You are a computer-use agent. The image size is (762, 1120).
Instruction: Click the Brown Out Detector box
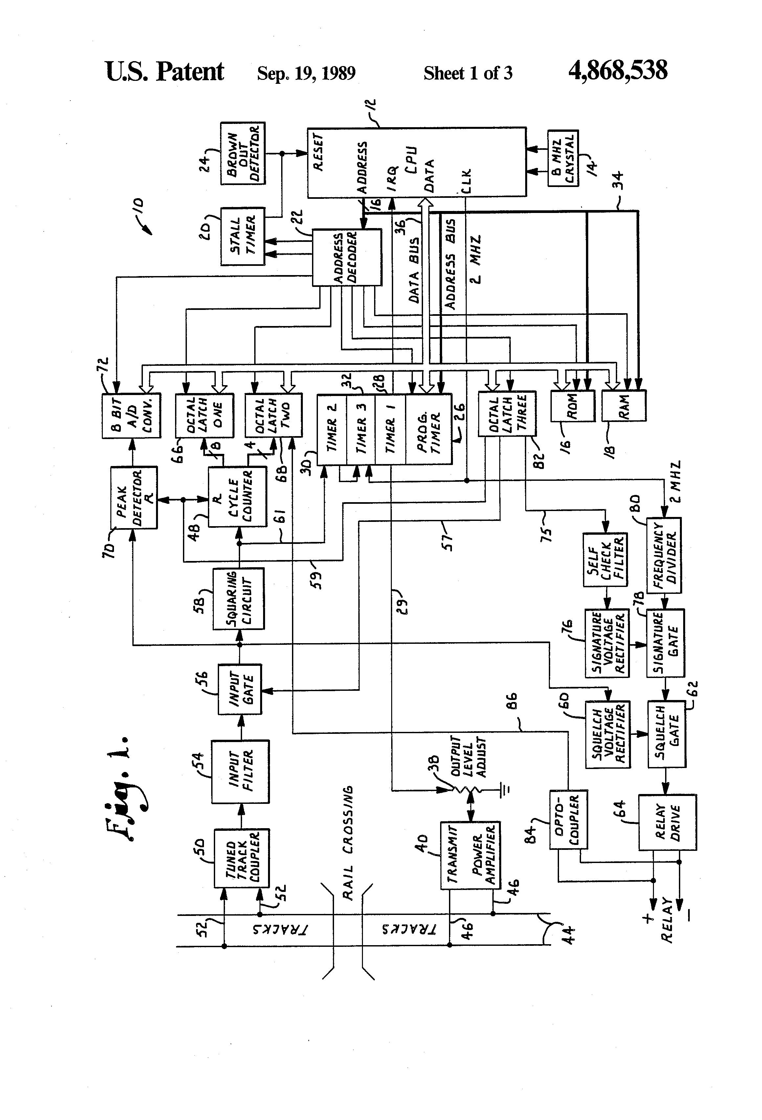click(243, 153)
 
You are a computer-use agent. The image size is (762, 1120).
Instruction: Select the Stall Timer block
click(243, 236)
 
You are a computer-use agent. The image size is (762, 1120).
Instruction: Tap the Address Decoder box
click(347, 257)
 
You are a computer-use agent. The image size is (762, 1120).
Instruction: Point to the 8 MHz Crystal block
click(563, 158)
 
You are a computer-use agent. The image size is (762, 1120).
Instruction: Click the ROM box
click(572, 406)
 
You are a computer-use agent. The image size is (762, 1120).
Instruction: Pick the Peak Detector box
click(134, 497)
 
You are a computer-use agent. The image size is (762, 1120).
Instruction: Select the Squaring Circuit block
click(239, 598)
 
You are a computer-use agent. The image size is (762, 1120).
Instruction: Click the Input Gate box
click(240, 689)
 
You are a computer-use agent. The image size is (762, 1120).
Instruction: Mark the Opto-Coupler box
click(568, 819)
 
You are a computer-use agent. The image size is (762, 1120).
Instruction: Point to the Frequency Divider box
click(664, 555)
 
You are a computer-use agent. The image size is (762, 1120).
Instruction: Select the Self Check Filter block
click(605, 560)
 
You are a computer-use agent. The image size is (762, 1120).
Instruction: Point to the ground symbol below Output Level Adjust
click(505, 789)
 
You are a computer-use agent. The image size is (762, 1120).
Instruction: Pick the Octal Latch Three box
click(507, 413)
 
